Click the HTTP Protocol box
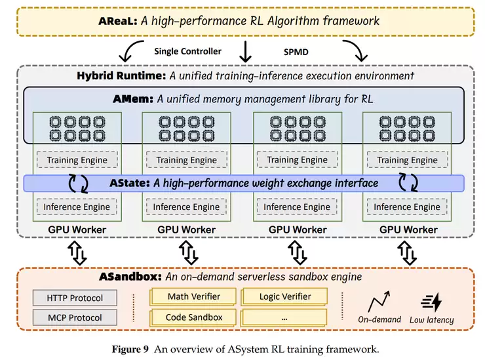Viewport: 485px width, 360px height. click(75, 298)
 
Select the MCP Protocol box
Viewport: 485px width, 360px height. click(75, 318)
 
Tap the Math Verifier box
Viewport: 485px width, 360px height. click(194, 296)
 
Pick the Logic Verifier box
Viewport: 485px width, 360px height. click(285, 296)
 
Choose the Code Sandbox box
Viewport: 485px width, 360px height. click(194, 317)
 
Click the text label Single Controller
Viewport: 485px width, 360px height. click(187, 50)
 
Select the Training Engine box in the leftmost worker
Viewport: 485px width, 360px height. click(77, 160)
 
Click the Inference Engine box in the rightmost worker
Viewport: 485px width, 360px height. click(407, 207)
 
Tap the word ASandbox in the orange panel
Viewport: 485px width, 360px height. click(130, 276)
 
